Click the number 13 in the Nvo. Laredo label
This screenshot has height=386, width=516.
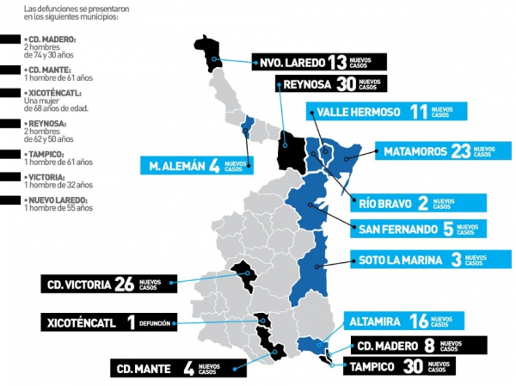(x=337, y=61)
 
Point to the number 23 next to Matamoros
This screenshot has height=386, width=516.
(x=460, y=151)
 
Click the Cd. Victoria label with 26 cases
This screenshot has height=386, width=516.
(x=108, y=284)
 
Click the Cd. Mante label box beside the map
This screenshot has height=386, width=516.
(x=169, y=368)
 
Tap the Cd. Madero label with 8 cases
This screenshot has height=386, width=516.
(x=418, y=346)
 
